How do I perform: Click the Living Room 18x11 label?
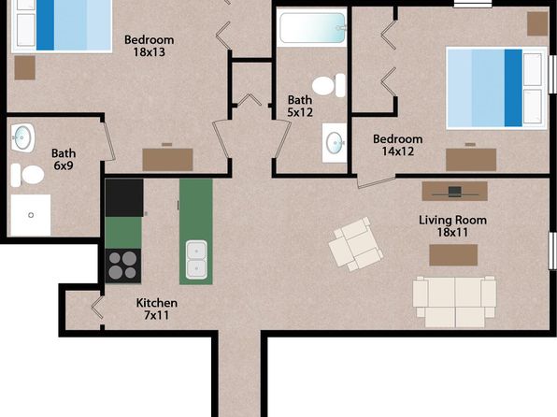[452, 226]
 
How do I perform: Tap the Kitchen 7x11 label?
[157, 309]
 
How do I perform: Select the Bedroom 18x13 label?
[150, 46]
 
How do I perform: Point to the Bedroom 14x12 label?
[398, 145]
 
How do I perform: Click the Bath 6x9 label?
[64, 159]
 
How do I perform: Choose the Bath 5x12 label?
[300, 106]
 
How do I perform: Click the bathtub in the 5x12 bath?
[312, 27]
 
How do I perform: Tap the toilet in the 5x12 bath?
[329, 85]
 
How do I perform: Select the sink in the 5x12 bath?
[335, 142]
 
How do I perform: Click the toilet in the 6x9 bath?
[27, 175]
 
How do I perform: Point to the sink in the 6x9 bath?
[22, 137]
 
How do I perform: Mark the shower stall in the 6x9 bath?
[31, 215]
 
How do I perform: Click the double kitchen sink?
[196, 260]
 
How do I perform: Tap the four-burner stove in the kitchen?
[123, 266]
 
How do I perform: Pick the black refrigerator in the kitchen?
[124, 197]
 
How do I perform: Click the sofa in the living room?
[454, 302]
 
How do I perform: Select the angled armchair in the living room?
[355, 244]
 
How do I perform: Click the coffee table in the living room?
[453, 255]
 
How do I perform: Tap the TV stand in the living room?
[455, 192]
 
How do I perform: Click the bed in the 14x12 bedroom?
[496, 88]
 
